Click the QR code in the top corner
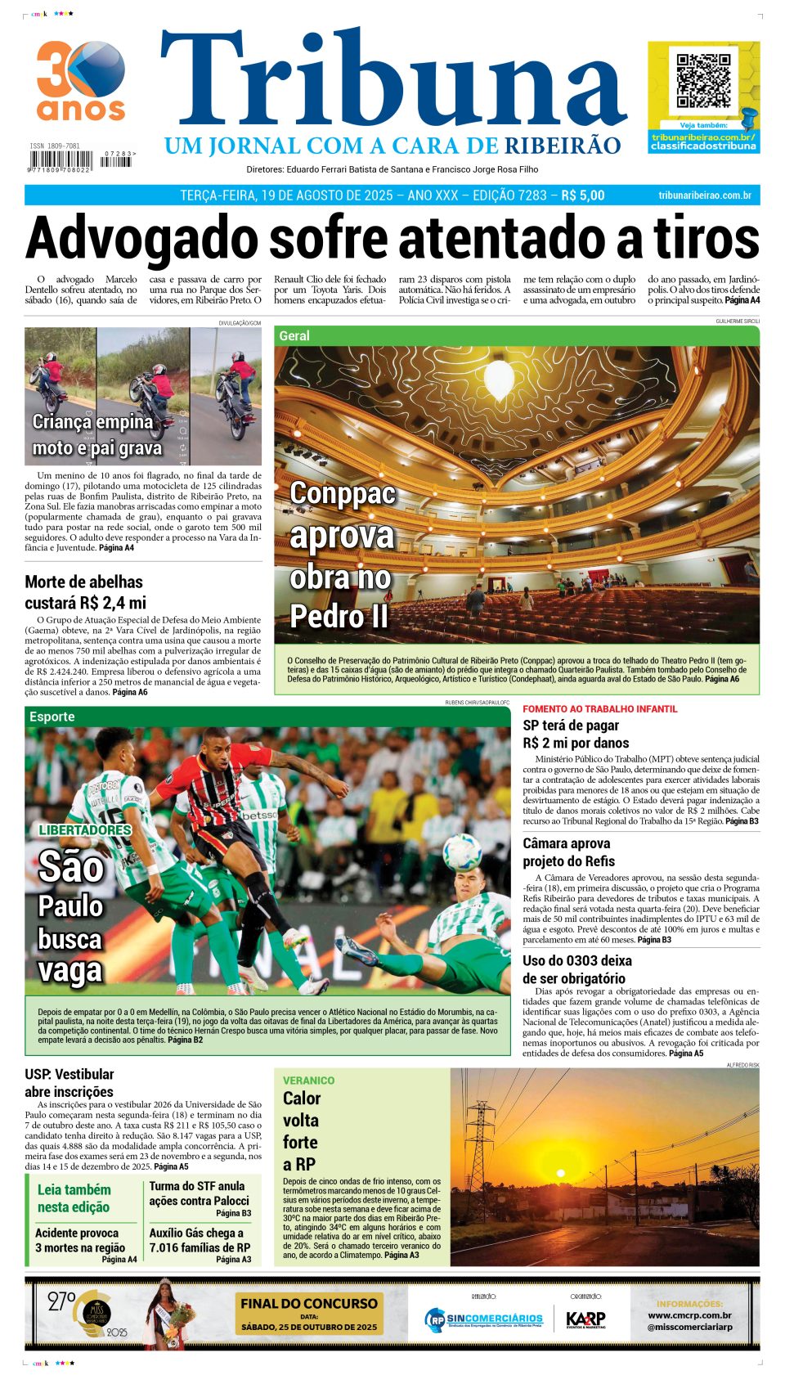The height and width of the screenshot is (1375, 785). click(703, 81)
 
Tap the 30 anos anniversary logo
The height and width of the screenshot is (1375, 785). click(80, 80)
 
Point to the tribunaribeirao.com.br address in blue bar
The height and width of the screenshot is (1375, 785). click(704, 195)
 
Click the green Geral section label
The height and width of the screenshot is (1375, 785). click(294, 335)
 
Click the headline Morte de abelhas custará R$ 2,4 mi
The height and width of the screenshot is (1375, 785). click(84, 592)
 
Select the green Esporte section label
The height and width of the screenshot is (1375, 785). click(52, 717)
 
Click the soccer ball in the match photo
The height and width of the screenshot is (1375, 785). click(461, 852)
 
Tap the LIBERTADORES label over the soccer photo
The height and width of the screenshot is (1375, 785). click(85, 829)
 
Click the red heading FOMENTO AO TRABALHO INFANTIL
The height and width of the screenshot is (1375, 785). click(599, 709)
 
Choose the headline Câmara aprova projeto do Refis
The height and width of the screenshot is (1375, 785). click(568, 852)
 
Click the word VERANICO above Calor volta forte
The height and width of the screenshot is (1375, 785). click(308, 1081)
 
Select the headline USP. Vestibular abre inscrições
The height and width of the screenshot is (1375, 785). click(70, 1083)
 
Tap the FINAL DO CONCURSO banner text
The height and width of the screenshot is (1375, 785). click(309, 1304)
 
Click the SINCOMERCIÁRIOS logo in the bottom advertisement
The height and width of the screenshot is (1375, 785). click(484, 1319)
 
